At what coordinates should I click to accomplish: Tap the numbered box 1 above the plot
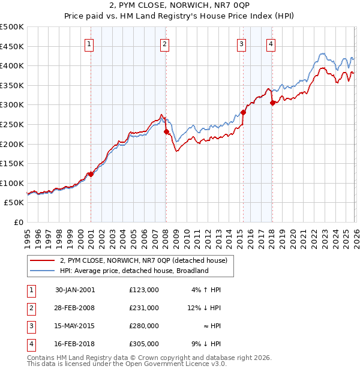tap(89, 43)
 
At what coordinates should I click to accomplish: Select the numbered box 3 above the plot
tap(241, 43)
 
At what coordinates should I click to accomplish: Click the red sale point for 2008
tap(166, 132)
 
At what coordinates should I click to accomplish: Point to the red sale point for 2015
tap(243, 112)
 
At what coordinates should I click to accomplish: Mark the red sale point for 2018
tap(272, 103)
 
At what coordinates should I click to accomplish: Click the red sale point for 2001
tap(91, 174)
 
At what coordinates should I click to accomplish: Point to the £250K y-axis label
tap(12, 124)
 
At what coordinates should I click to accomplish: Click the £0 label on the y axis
tap(18, 222)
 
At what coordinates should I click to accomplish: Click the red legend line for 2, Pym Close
tap(43, 261)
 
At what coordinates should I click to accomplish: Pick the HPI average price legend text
tap(133, 271)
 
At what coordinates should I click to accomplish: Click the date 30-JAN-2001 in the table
tap(75, 290)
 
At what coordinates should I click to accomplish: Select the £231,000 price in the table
tap(144, 308)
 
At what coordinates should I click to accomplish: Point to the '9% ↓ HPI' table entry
tap(207, 344)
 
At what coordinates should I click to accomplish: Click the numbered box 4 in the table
tap(31, 344)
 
